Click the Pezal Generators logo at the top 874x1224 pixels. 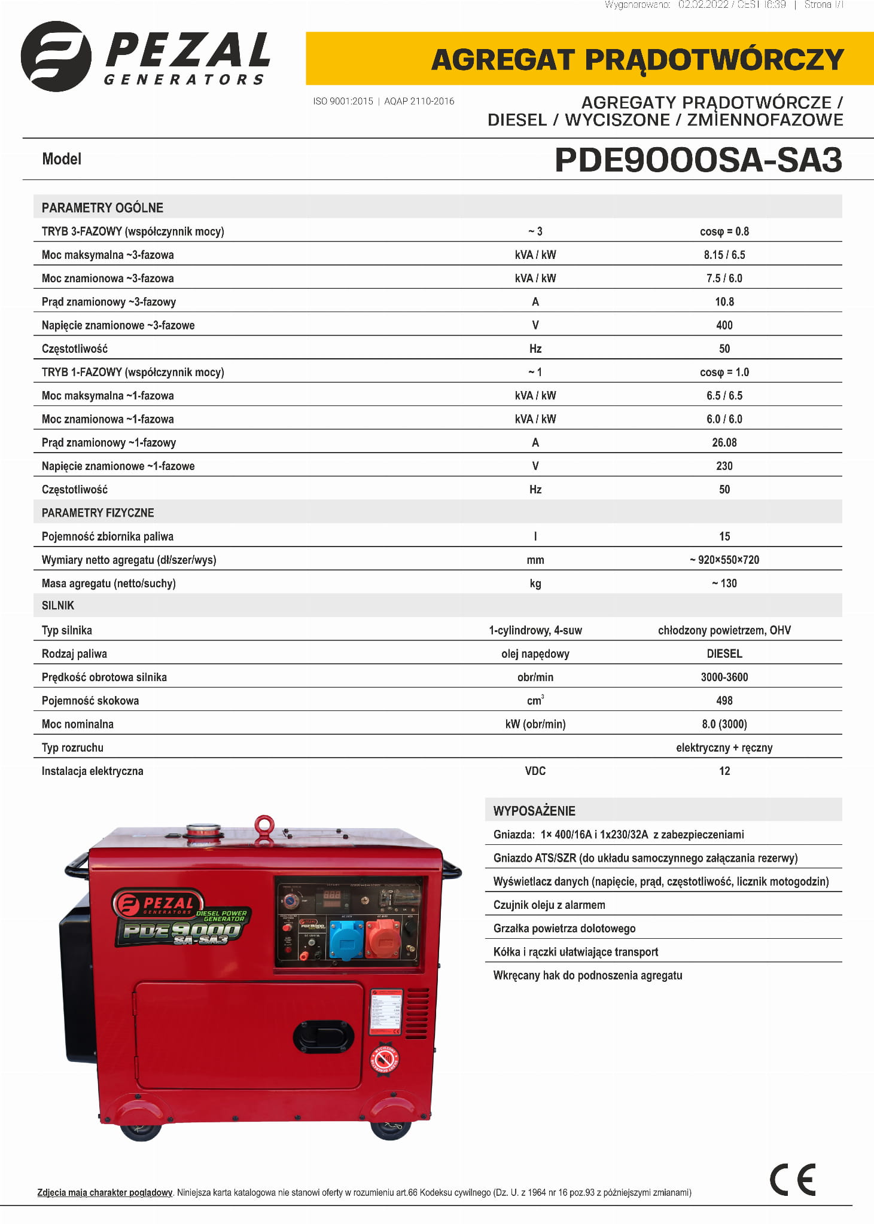[145, 57]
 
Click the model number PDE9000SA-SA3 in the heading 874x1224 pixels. [698, 160]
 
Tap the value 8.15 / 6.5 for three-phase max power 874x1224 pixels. [724, 255]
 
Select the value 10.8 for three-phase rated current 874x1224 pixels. [724, 301]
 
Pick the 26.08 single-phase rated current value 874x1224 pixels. [724, 442]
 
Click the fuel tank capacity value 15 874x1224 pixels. [724, 536]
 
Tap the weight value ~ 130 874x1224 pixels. [724, 583]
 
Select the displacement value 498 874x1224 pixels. [724, 700]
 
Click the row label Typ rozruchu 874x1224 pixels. [72, 747]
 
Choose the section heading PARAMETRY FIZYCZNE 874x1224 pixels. [98, 512]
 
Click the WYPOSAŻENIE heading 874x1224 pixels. [534, 811]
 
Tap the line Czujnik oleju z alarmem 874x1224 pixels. [549, 905]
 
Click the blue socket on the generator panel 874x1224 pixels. [346, 939]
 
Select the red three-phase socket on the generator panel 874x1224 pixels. [383, 939]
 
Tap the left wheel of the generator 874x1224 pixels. [141, 1130]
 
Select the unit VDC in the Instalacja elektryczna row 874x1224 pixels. [535, 771]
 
